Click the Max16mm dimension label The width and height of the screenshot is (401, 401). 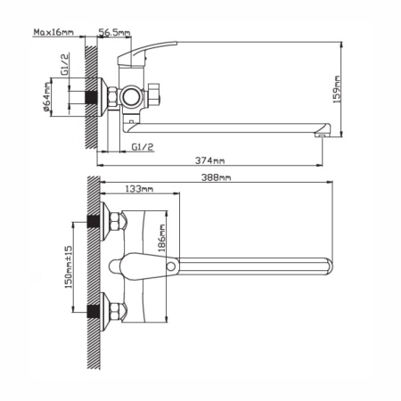[x=53, y=32]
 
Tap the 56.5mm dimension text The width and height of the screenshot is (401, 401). [x=114, y=32]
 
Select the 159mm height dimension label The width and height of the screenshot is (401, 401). [x=337, y=89]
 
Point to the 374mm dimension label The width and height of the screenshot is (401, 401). [x=209, y=160]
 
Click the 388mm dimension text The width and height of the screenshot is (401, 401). [x=216, y=177]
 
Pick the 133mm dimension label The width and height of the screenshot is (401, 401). [x=139, y=189]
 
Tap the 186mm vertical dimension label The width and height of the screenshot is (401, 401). [x=161, y=238]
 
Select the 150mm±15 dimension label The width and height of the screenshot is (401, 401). [x=68, y=266]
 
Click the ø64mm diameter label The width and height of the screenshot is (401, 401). [x=46, y=97]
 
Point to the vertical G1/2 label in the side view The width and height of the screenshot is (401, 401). [x=65, y=64]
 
